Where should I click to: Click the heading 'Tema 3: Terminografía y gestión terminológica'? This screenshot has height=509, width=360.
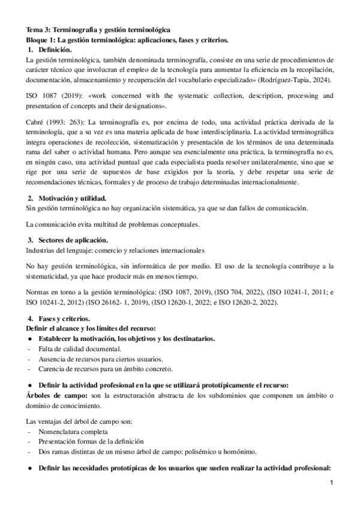98,29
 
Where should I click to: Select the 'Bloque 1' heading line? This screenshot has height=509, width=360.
127,39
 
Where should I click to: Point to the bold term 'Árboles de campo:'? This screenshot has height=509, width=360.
53,395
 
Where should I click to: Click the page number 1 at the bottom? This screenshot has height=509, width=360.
331,483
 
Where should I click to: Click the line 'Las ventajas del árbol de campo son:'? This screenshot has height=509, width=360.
83,421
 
